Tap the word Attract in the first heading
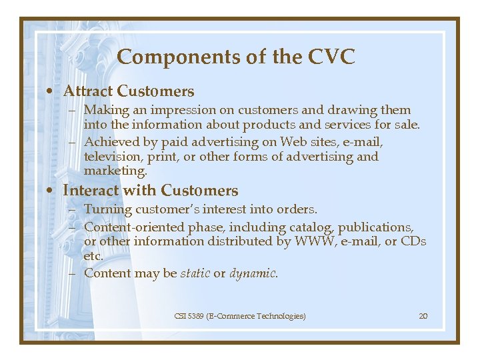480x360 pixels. [x=87, y=91]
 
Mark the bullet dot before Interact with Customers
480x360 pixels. [x=52, y=191]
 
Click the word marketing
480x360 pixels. [x=114, y=171]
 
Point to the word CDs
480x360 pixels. [x=413, y=241]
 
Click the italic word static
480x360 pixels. [x=195, y=273]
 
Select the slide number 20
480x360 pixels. [x=423, y=316]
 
